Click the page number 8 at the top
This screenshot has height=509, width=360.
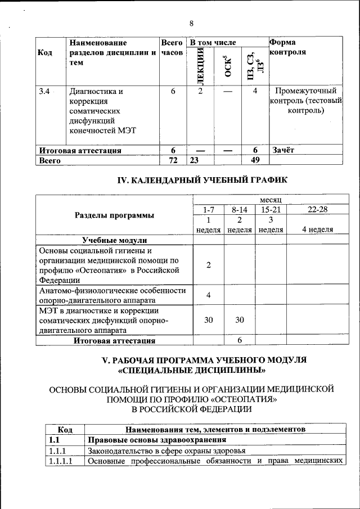pos(191,23)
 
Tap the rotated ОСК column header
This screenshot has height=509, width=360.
pos(227,66)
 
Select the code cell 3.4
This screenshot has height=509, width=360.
pos(43,91)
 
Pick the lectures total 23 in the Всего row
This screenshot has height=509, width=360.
pos(195,160)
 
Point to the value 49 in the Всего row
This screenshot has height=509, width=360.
pos(255,160)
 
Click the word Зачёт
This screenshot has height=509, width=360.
pos(283,150)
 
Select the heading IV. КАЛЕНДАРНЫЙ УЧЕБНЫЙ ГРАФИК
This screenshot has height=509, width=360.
pos(202,181)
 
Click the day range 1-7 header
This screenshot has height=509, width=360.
pos(208,209)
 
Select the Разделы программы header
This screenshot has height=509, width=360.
pos(114,215)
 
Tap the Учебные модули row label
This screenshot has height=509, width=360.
pos(114,240)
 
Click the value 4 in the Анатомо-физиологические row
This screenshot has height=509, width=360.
pos(208,295)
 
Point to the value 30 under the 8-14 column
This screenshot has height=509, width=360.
pos(239,319)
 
